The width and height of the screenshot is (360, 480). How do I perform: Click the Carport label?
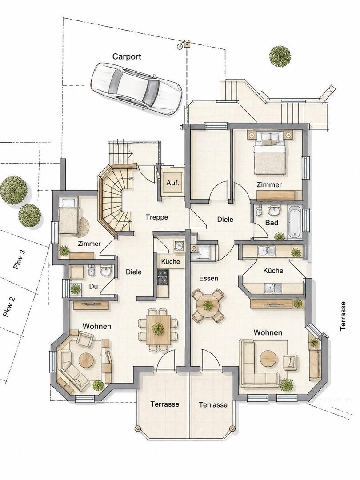127,56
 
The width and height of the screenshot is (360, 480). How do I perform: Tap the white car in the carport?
137,89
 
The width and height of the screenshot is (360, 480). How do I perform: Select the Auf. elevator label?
172,183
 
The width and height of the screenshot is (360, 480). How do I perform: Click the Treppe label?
157,217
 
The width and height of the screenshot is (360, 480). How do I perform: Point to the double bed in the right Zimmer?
270,152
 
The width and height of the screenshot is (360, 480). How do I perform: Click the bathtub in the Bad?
294,222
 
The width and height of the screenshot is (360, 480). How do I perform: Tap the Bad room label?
272,223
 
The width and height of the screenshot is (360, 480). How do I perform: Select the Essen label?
208,278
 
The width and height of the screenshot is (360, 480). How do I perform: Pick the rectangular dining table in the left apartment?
158,329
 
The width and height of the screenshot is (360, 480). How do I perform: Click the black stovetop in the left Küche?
163,277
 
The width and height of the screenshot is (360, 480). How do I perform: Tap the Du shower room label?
93,287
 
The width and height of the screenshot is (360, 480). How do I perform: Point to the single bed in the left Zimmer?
69,216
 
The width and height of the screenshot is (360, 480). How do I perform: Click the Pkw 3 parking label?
20,260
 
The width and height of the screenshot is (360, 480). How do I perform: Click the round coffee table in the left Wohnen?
86,360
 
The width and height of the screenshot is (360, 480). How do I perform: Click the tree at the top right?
280,56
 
